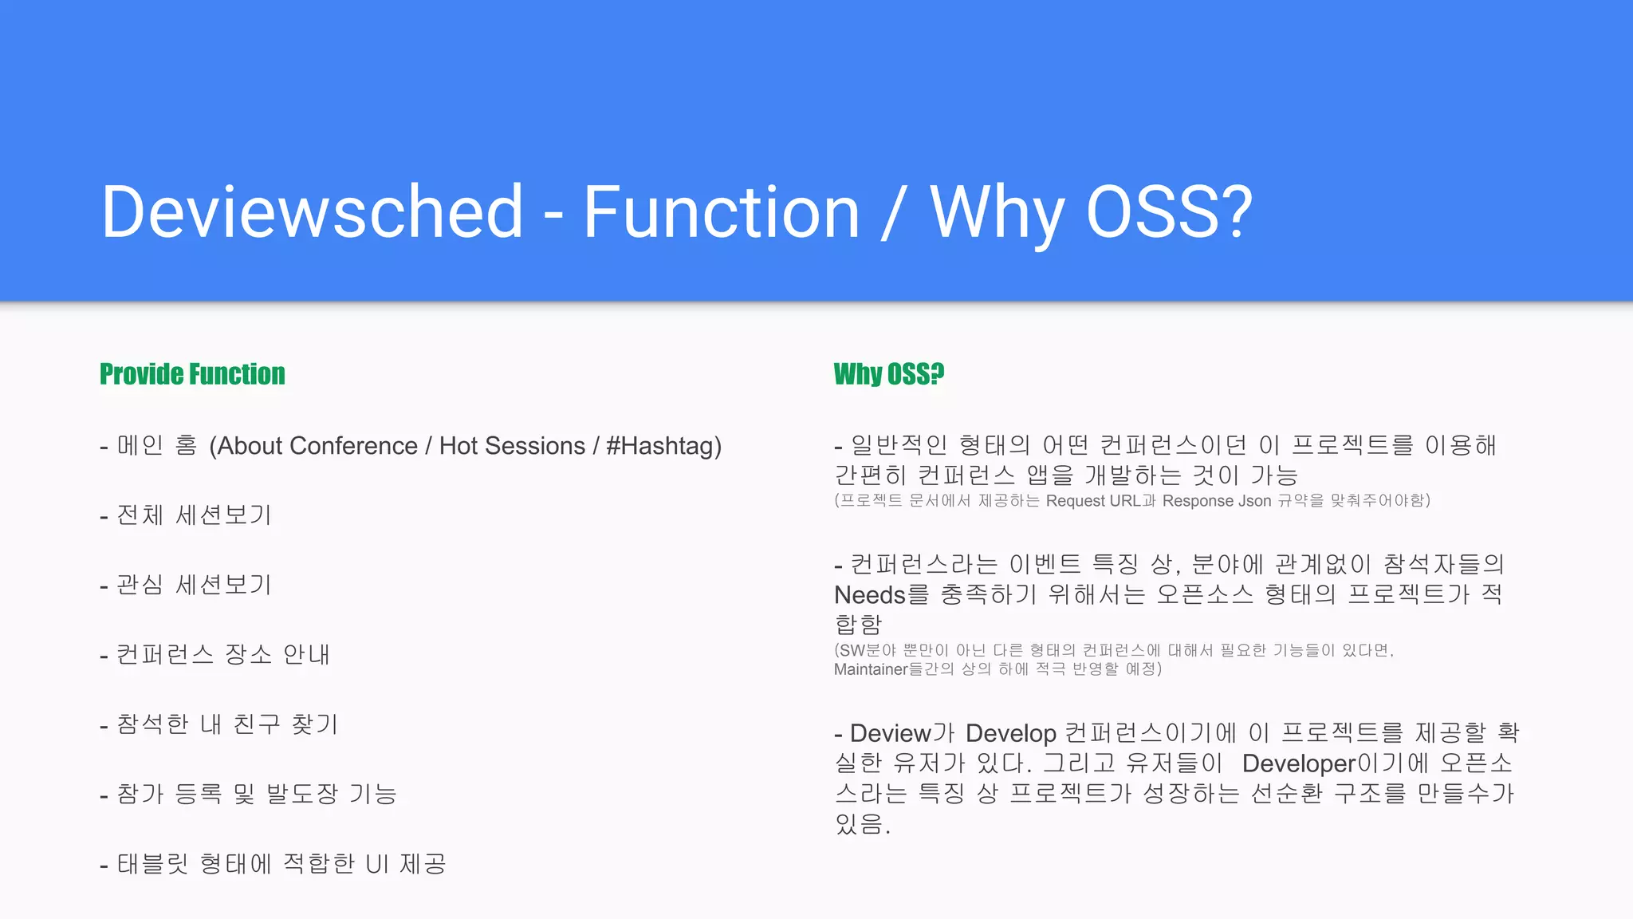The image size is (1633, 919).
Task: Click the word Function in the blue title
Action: click(x=722, y=212)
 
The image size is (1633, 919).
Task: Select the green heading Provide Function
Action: click(x=192, y=374)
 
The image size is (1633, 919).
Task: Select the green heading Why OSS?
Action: click(x=888, y=374)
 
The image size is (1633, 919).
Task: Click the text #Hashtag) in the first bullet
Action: click(x=663, y=446)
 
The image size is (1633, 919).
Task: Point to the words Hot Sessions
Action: click(x=512, y=446)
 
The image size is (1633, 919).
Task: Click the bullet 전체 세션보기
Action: click(x=194, y=515)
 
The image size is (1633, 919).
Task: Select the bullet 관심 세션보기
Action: click(x=194, y=585)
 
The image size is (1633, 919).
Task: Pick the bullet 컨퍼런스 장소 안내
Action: click(x=222, y=655)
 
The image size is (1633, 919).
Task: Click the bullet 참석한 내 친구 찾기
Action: click(x=227, y=724)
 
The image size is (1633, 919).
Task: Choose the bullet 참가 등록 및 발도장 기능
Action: click(x=256, y=794)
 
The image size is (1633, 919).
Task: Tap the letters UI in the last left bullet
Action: click(x=376, y=864)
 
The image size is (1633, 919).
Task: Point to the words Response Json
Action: click(x=1216, y=501)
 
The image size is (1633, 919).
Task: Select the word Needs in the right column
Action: click(x=869, y=595)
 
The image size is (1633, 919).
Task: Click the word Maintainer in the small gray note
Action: click(x=871, y=669)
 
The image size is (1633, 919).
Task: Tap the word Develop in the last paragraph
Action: click(x=1010, y=733)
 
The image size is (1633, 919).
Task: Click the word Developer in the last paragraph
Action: click(x=1298, y=763)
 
